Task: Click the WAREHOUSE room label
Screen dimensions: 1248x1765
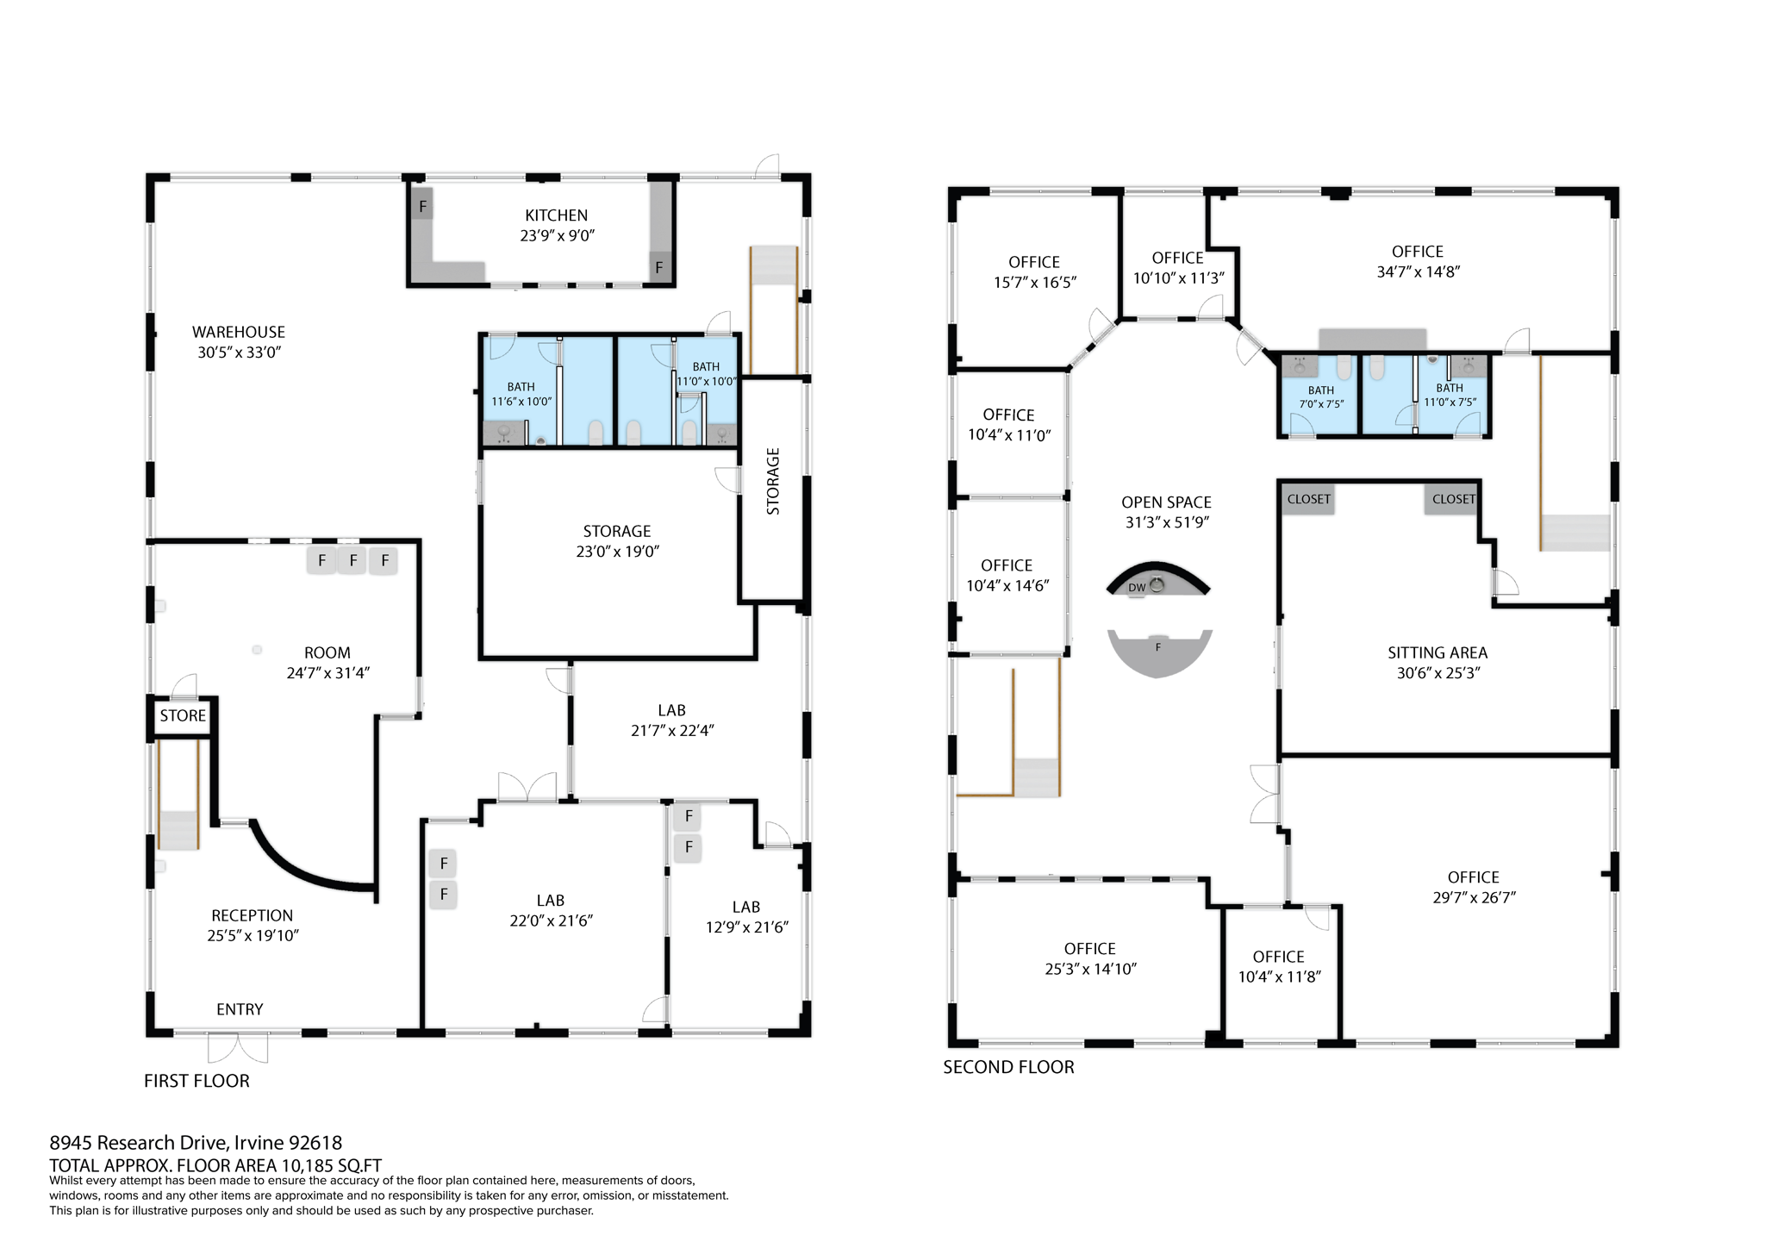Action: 238,332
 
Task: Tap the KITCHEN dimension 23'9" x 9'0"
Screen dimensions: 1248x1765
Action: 557,236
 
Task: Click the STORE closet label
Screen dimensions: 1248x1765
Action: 183,716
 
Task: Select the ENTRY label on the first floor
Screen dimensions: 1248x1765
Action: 240,1009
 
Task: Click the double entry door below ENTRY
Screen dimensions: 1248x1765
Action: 238,1049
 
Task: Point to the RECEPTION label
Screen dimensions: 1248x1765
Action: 252,915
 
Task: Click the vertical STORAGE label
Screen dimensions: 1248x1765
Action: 773,481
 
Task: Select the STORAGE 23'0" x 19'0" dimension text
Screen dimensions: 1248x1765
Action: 617,552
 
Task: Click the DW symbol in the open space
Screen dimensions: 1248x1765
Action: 1137,588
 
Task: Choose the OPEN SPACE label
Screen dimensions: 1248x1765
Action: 1166,502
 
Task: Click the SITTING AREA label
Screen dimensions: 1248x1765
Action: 1437,652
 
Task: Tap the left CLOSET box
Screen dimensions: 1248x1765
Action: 1308,499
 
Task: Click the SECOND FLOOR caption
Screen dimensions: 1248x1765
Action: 1008,1067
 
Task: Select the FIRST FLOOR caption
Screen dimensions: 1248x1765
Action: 196,1081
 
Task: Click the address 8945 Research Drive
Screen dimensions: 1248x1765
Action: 196,1143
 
